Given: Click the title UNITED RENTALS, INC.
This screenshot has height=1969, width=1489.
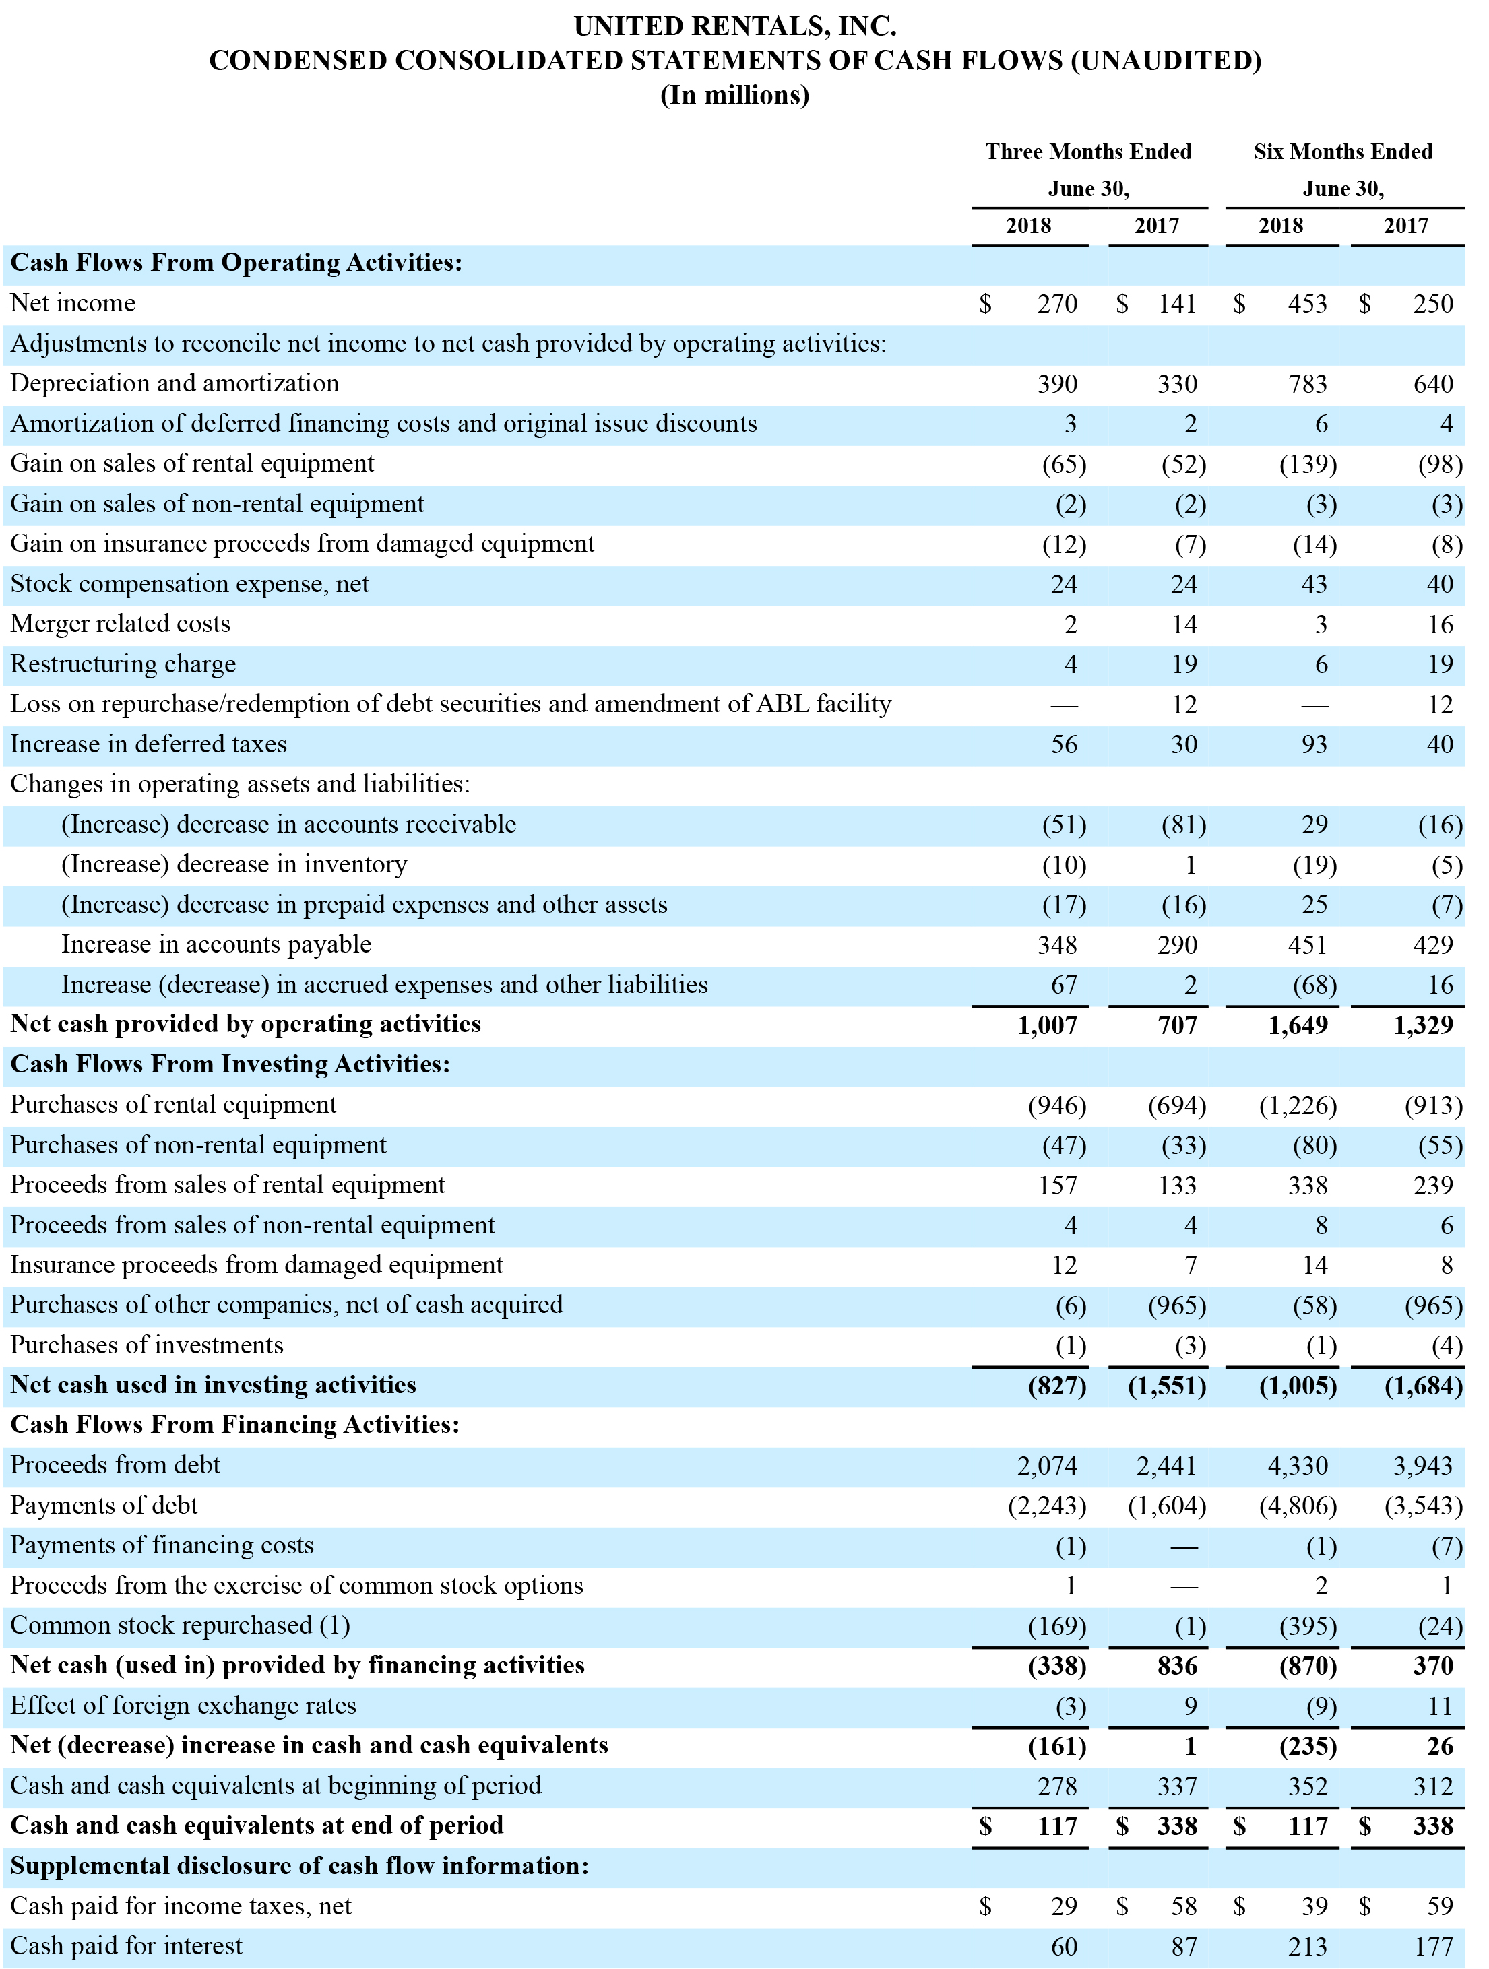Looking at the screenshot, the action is coord(734,27).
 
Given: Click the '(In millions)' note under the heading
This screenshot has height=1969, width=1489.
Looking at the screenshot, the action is coord(734,95).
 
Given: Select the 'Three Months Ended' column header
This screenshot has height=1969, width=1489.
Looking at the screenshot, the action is coord(1088,152).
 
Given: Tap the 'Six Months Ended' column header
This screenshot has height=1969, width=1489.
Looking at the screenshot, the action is coord(1343,152).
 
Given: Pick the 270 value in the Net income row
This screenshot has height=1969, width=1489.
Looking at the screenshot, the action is coord(1057,304).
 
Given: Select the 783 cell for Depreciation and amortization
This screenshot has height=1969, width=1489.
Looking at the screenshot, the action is coord(1306,384).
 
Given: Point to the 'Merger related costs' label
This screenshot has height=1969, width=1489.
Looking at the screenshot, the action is coord(120,623).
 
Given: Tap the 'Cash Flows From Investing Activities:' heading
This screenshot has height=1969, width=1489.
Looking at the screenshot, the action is coord(230,1064).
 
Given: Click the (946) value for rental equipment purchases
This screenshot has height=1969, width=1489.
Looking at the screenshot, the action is coord(1057,1105).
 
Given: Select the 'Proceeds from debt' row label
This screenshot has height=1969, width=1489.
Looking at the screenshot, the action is coord(115,1464).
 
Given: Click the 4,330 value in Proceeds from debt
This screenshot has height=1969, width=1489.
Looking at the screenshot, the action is coord(1298,1465).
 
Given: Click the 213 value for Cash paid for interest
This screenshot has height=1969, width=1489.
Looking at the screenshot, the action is coord(1306,1947).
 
